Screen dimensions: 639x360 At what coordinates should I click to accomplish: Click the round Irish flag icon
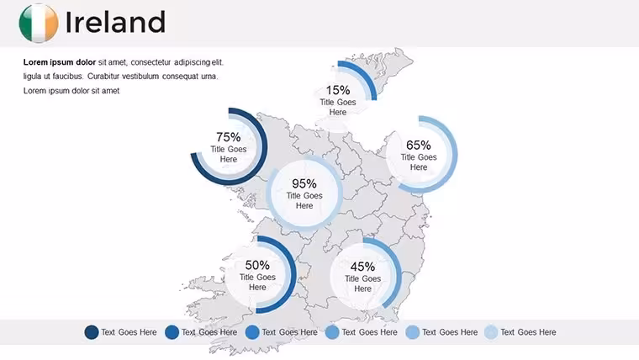click(39, 24)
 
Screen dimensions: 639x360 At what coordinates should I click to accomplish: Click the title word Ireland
click(115, 22)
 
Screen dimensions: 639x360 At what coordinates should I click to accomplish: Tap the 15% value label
click(338, 90)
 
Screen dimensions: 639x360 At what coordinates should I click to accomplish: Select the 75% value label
click(228, 136)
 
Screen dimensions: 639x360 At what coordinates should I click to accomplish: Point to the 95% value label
click(304, 183)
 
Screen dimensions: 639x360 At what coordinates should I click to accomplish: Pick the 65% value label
click(419, 145)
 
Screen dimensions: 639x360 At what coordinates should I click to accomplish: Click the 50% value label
click(257, 265)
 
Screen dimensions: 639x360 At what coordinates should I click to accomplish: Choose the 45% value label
click(362, 267)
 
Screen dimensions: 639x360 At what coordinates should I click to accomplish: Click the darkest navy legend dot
click(92, 332)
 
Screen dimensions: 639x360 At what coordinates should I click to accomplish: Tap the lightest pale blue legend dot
click(491, 332)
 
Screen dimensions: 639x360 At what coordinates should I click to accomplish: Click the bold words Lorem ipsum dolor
click(60, 62)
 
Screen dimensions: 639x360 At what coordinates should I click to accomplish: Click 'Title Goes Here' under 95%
click(304, 200)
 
